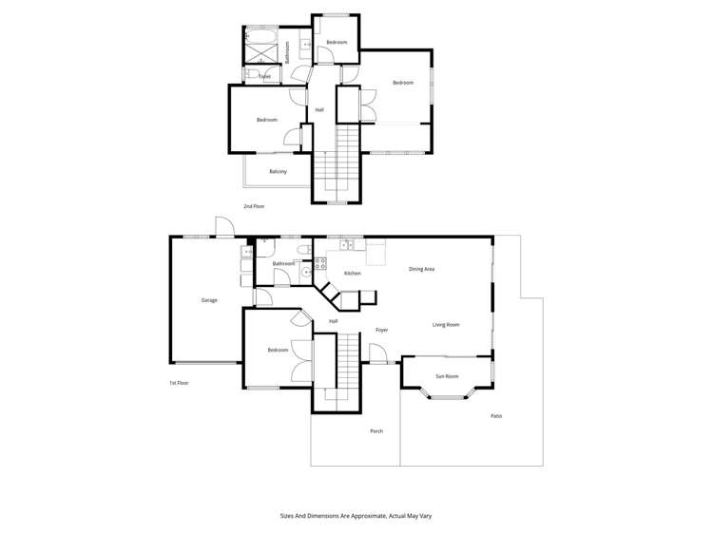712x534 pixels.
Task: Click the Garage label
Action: point(209,300)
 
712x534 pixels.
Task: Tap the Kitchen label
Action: point(353,274)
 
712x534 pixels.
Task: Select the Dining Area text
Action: point(422,270)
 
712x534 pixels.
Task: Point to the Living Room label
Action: point(446,325)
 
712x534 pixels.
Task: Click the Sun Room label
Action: point(447,376)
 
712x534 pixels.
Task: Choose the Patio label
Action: point(496,416)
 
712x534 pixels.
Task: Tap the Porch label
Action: point(376,431)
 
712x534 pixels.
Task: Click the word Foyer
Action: point(382,330)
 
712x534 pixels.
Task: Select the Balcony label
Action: point(278,171)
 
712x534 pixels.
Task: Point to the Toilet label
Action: point(264,77)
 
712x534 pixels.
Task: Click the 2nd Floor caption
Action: point(253,206)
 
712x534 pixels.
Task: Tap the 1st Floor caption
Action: point(179,383)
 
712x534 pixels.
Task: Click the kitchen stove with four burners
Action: point(320,264)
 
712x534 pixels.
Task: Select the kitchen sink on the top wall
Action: point(347,245)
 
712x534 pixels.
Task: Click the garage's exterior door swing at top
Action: point(225,228)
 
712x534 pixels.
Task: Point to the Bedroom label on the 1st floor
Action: point(278,351)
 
